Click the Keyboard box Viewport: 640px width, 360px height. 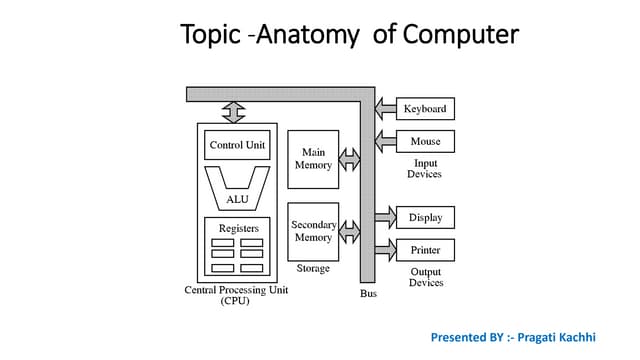425,108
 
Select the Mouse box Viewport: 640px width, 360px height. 425,141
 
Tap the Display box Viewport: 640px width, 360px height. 425,217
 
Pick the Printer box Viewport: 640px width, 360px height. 425,250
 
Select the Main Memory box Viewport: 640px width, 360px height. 313,159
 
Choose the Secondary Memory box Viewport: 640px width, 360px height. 313,232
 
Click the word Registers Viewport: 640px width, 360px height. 238,228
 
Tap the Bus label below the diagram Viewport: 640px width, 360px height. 368,293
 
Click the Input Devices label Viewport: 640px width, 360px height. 424,168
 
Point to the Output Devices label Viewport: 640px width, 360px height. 425,277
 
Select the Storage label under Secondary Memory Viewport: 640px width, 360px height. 313,268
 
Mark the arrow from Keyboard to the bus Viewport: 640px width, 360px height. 385,108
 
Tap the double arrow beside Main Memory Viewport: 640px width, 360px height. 349,159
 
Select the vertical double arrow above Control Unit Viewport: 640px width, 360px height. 234,112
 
